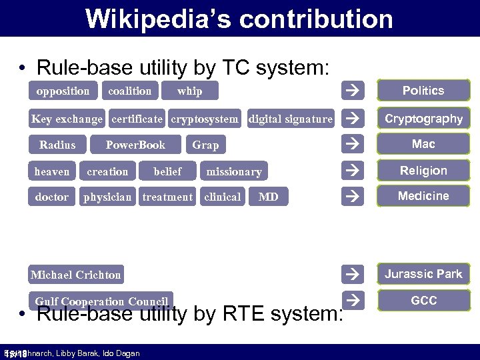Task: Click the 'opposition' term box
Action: tap(63, 91)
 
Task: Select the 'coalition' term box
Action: tap(130, 91)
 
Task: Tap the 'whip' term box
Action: tap(190, 91)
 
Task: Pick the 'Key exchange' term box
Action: tap(67, 119)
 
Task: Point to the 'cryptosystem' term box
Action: tap(204, 119)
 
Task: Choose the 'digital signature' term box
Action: tap(290, 119)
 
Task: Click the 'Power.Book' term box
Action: tap(135, 145)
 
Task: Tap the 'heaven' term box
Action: tap(52, 171)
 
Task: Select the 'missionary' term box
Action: tap(233, 171)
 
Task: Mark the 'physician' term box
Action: tap(107, 197)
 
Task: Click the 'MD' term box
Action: tap(268, 197)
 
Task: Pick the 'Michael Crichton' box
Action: tap(76, 275)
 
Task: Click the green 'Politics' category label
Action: tap(423, 91)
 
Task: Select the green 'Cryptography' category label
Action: tap(423, 119)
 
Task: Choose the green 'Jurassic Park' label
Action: tap(423, 274)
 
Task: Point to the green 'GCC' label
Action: tap(423, 301)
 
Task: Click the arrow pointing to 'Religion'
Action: tap(353, 171)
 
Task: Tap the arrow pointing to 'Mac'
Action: tap(353, 144)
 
